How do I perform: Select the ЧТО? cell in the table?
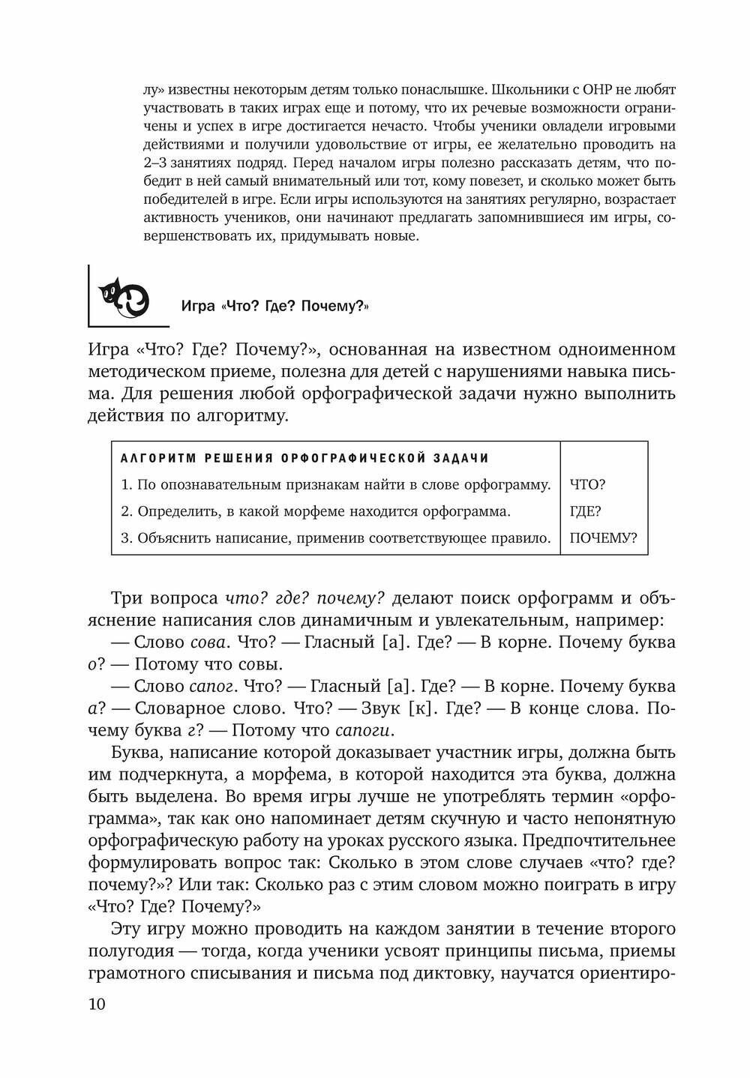[587, 484]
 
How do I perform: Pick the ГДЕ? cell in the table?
[586, 511]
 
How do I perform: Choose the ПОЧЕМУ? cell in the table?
[603, 538]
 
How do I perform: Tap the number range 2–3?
[154, 163]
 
